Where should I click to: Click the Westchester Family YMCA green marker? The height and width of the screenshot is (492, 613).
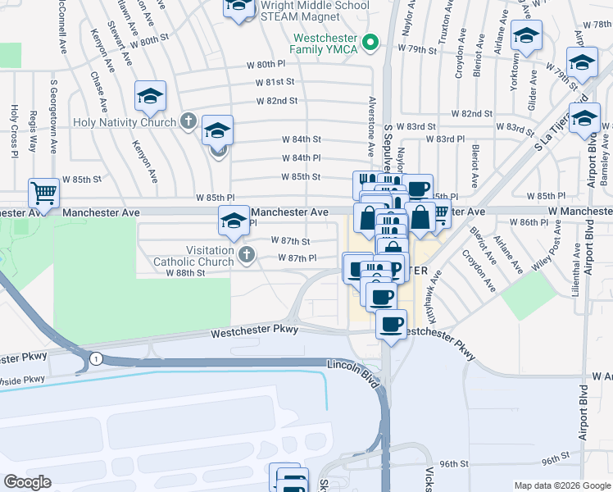point(370,41)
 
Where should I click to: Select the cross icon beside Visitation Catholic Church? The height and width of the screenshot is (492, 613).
point(246,256)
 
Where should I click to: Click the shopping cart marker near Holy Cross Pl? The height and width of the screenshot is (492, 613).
point(44,194)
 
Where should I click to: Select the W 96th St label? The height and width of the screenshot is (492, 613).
point(454,463)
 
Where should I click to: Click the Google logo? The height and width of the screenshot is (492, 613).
point(27,482)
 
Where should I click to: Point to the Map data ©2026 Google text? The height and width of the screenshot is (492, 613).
point(562,485)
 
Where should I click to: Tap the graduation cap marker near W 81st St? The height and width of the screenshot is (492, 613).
point(151,96)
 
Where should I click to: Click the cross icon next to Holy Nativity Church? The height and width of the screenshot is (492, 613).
point(188,122)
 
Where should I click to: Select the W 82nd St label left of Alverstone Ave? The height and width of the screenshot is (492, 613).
point(276,101)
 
